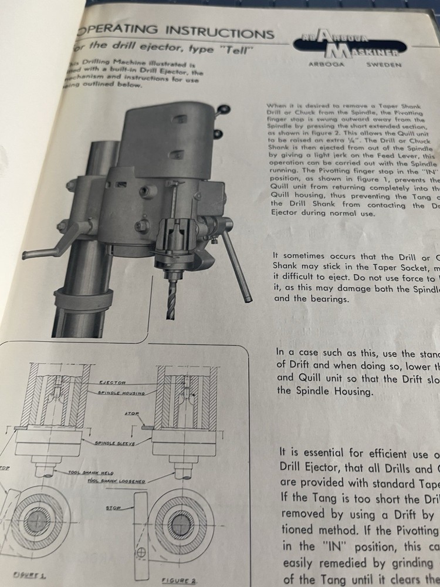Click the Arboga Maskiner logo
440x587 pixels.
[x=351, y=45]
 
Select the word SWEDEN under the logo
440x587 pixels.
[x=384, y=65]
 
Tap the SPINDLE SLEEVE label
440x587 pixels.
[x=115, y=444]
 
